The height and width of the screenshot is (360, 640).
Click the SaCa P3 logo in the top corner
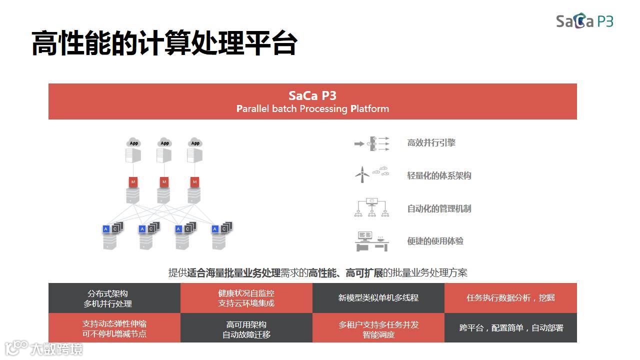tap(584, 21)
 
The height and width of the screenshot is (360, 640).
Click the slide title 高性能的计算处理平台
tap(164, 43)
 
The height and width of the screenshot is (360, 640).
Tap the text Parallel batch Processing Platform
tap(312, 108)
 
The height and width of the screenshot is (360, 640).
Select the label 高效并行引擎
tap(431, 142)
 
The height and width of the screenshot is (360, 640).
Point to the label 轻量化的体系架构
tap(439, 175)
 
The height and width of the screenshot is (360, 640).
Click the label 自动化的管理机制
tap(439, 208)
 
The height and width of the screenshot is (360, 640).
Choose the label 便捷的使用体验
tap(435, 241)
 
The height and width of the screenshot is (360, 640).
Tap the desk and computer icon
tap(372, 241)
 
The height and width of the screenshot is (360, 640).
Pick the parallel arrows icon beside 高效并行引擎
tap(372, 143)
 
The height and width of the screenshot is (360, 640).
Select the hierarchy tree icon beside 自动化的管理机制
tap(372, 207)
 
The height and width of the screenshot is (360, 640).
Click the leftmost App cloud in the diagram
tap(133, 143)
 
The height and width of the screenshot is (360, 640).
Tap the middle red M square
tap(164, 182)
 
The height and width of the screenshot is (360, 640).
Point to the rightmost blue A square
tap(215, 229)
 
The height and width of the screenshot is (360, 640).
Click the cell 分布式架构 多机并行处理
tap(114, 298)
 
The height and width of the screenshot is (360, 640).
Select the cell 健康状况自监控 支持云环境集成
tap(246, 298)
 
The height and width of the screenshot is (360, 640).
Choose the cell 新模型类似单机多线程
tap(378, 298)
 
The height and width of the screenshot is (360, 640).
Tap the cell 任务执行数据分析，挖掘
tap(510, 298)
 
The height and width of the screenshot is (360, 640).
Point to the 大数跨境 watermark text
tap(56, 348)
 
